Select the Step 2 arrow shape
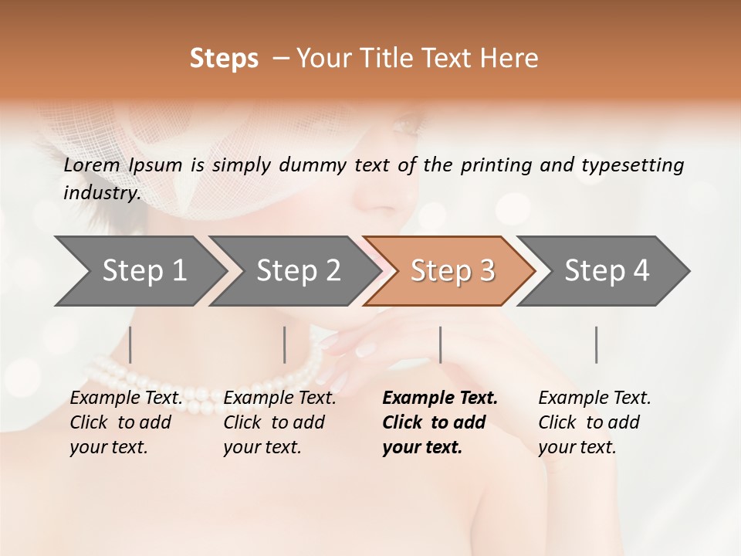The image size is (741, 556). [297, 271]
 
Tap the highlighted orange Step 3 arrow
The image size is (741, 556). [452, 271]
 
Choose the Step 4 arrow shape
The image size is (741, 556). [606, 271]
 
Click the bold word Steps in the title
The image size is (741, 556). [224, 59]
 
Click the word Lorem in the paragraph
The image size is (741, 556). [92, 165]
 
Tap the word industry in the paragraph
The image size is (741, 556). [102, 193]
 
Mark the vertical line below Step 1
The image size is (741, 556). [130, 344]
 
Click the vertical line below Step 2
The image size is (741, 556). [285, 344]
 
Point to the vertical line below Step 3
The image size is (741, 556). [441, 344]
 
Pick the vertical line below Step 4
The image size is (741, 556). [597, 344]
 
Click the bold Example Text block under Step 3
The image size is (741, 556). [440, 422]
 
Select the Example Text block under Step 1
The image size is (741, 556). [127, 422]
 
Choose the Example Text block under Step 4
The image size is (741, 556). [594, 422]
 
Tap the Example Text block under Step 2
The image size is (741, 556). [279, 422]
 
